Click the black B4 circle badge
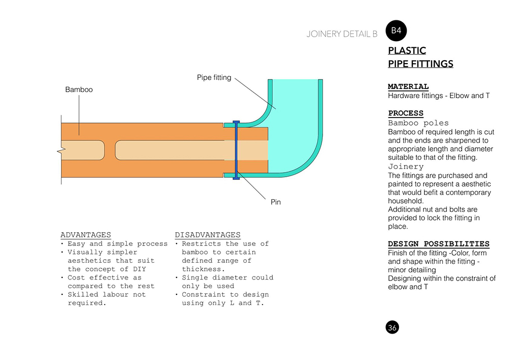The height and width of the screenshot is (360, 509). [x=397, y=31]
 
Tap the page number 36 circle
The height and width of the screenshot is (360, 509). [x=392, y=327]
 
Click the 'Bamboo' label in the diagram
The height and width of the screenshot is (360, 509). [x=79, y=90]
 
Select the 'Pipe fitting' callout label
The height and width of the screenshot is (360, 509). [x=214, y=78]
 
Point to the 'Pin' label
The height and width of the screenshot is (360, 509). [x=275, y=202]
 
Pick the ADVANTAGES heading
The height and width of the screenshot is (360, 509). [x=86, y=235]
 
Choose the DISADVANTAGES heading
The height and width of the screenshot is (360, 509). [x=208, y=235]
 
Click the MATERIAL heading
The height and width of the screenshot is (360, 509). [x=408, y=87]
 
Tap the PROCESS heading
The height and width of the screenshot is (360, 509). [x=406, y=113]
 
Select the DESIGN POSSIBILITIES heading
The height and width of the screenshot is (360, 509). [x=439, y=244]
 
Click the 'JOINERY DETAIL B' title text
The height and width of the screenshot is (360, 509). [x=342, y=34]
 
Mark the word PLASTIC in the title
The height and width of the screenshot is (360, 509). [x=407, y=51]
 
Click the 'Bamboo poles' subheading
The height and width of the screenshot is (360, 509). [x=418, y=123]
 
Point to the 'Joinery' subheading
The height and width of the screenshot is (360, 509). [x=406, y=167]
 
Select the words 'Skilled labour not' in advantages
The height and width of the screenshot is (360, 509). [x=106, y=294]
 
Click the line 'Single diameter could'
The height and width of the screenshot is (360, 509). [x=228, y=278]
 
